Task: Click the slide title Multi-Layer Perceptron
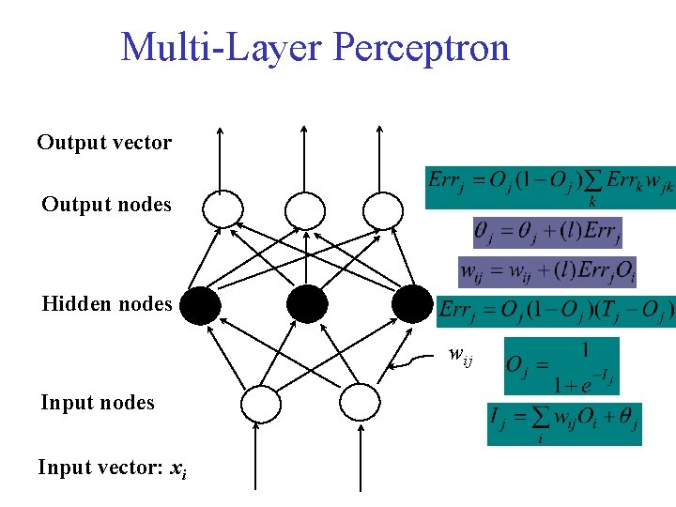pyautogui.click(x=315, y=47)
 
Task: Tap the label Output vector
pyautogui.click(x=104, y=143)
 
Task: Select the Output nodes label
pyautogui.click(x=106, y=204)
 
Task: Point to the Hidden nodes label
pyautogui.click(x=106, y=303)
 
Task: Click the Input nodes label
pyautogui.click(x=97, y=403)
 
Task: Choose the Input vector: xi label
pyautogui.click(x=112, y=467)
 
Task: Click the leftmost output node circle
pyautogui.click(x=223, y=208)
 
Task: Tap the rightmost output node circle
pyautogui.click(x=381, y=208)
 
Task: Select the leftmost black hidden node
pyautogui.click(x=201, y=303)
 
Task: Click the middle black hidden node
pyautogui.click(x=307, y=303)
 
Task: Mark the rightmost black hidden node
pyautogui.click(x=411, y=303)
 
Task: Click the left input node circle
pyautogui.click(x=260, y=404)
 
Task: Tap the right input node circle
pyautogui.click(x=357, y=404)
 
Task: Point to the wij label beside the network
pyautogui.click(x=460, y=355)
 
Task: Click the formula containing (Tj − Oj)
pyautogui.click(x=556, y=311)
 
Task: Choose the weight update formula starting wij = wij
pyautogui.click(x=548, y=270)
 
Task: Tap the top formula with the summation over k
pyautogui.click(x=549, y=185)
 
